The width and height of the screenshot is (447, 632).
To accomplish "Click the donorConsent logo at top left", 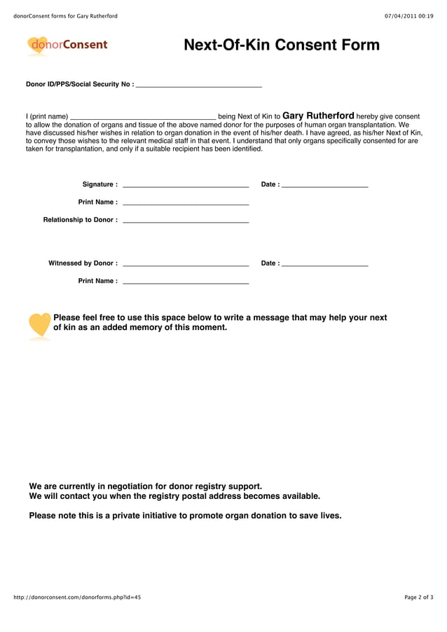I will [67, 46].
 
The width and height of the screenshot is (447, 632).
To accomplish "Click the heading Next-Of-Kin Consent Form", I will [281, 46].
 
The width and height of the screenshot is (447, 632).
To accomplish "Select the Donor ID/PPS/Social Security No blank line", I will [198, 85].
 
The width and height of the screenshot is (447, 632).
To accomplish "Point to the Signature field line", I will [186, 186].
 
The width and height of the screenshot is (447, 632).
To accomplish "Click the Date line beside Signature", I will [324, 186].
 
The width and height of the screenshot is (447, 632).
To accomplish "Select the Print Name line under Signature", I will [186, 203].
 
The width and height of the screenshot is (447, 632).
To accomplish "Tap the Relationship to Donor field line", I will [186, 221].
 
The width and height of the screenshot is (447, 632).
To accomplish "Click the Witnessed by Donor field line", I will [186, 265].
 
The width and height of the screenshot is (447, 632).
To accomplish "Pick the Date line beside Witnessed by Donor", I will [324, 265].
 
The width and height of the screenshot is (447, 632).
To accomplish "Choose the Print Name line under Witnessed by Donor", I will [186, 282].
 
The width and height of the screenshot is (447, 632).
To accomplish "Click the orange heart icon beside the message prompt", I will [40, 325].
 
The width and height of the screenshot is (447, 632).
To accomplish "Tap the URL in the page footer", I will [77, 597].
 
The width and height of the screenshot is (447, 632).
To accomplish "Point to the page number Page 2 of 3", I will [418, 597].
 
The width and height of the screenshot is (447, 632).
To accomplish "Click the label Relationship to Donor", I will [80, 220].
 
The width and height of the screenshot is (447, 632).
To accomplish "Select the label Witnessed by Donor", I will [83, 263].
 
